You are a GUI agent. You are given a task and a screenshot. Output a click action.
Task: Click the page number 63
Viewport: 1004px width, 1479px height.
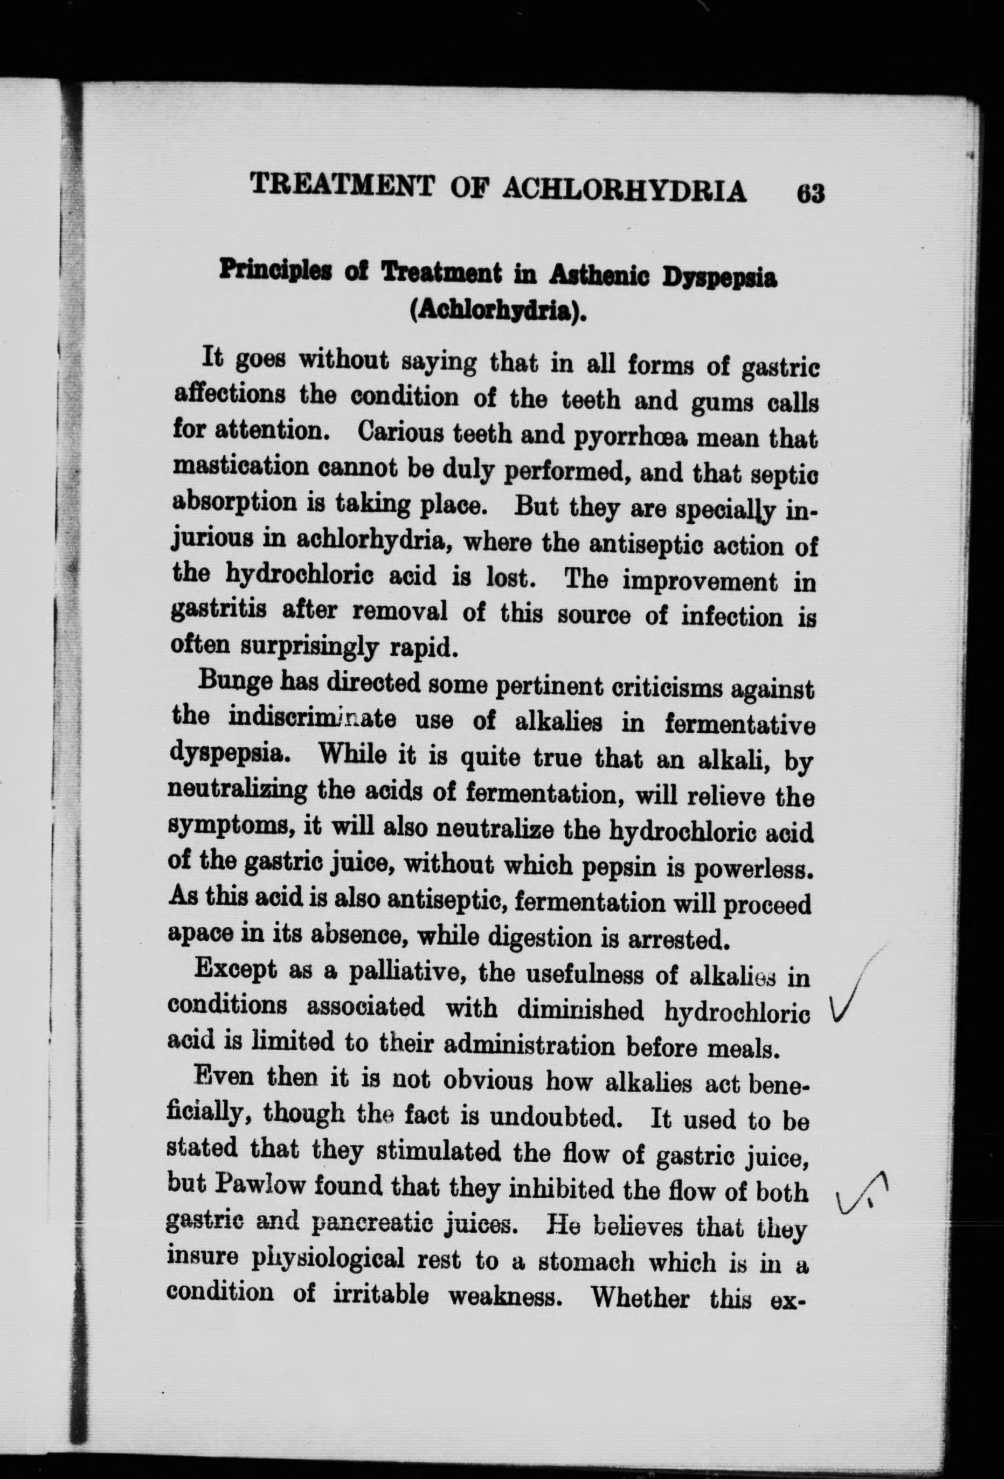808,192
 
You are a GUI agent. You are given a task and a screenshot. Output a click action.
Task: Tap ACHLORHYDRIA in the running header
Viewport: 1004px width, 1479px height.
625,189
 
